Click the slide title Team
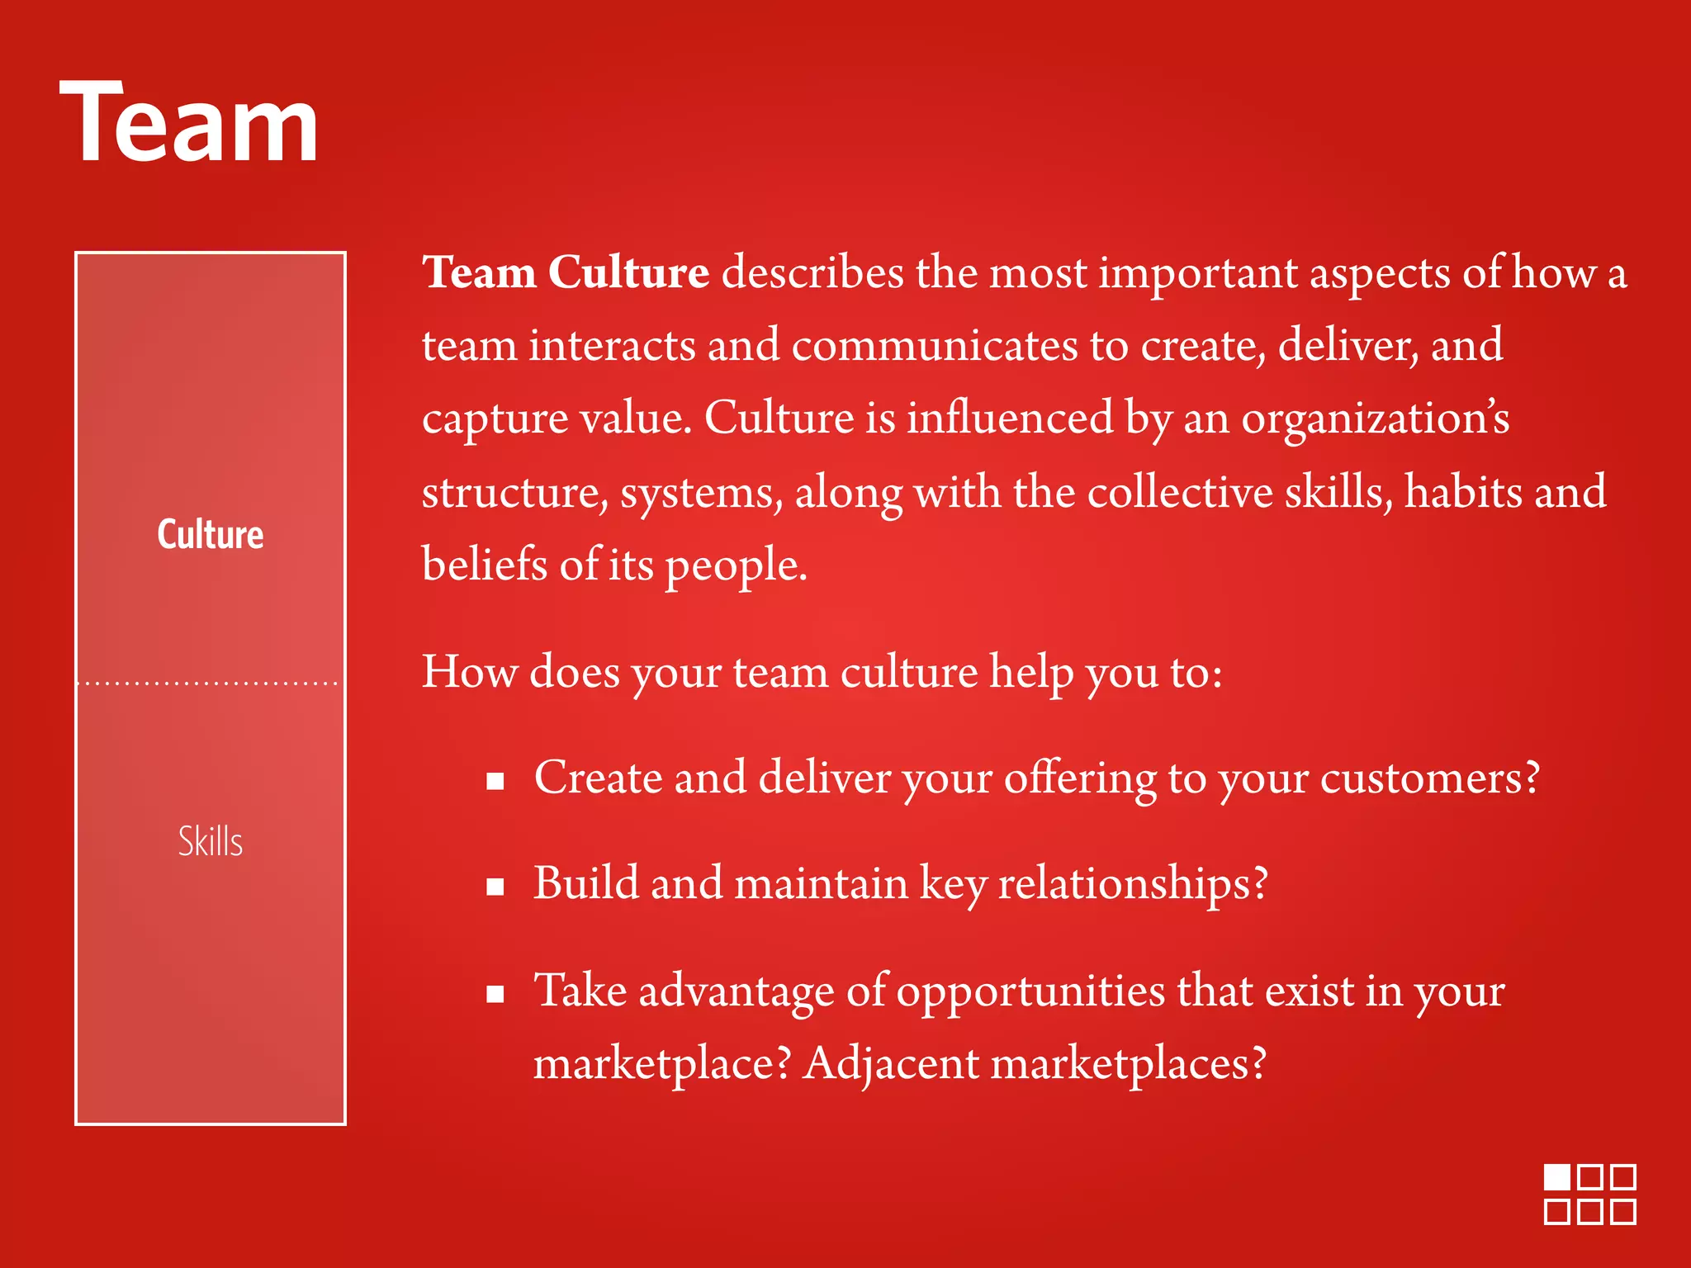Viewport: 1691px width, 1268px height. click(189, 124)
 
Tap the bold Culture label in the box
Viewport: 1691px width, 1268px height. click(211, 535)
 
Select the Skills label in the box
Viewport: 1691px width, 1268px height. click(211, 842)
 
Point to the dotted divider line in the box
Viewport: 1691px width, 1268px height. click(210, 684)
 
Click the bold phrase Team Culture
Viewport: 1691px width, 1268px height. click(566, 272)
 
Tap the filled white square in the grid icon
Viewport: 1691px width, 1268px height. click(1557, 1177)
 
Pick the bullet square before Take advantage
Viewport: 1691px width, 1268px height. click(495, 994)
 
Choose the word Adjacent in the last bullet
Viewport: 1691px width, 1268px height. click(892, 1063)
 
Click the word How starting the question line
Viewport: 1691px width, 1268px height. click(470, 672)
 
